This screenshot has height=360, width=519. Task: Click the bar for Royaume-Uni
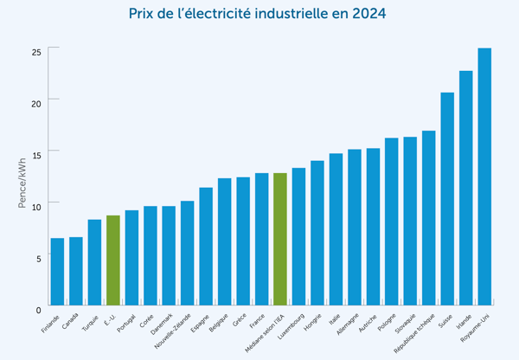(484, 177)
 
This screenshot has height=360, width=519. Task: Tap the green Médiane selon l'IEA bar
(280, 239)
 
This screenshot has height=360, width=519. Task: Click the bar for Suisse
(447, 198)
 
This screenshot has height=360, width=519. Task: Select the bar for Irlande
(465, 188)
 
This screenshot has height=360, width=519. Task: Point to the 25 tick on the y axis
(36, 52)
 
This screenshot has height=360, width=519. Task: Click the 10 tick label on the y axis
(36, 207)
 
